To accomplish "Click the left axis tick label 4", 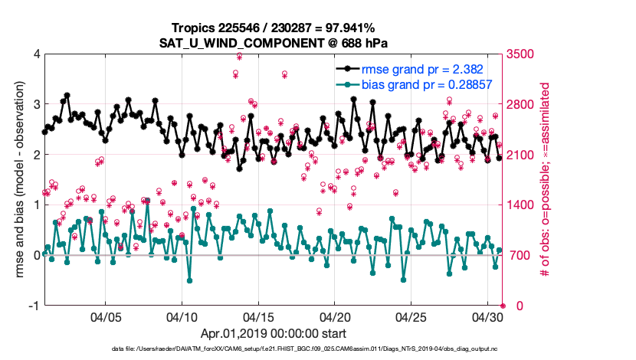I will point(36,54).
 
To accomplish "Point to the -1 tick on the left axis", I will point(34,306).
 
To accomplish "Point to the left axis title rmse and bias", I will point(17,179).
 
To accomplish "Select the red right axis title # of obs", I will point(546,179).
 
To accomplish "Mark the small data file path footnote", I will point(318,349).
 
